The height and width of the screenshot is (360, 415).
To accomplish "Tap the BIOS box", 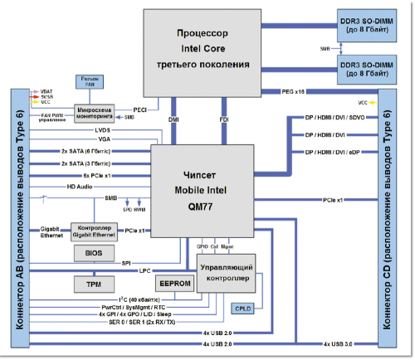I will click(x=92, y=253).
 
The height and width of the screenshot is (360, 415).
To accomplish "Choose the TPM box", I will click(x=92, y=285).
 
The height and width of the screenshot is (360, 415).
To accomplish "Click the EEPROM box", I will click(x=175, y=284).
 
